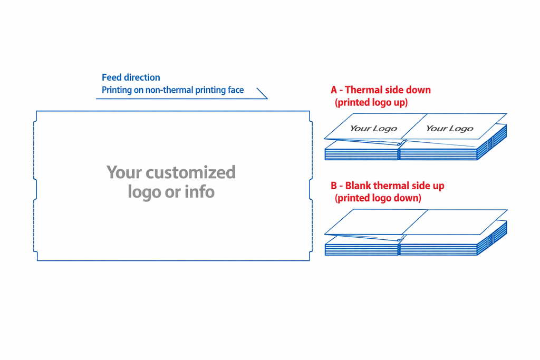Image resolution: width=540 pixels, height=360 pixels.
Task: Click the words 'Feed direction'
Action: point(131,77)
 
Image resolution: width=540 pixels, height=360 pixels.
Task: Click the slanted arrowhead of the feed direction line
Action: point(262,93)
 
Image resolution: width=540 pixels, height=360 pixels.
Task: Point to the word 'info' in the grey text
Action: point(200,191)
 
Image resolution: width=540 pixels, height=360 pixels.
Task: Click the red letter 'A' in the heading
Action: point(334,90)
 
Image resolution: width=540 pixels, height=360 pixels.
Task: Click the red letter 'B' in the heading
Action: point(334,186)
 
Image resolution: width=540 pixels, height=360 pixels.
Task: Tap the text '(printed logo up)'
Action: point(371,102)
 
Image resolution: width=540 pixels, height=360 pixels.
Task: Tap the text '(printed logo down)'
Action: point(378,198)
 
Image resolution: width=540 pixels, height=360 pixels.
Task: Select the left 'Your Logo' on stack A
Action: point(374,129)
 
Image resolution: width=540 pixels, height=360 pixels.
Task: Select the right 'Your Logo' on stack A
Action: point(450,129)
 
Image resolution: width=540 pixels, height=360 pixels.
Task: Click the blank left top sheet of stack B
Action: point(376,222)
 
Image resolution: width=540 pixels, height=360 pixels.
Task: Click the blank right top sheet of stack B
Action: point(455,222)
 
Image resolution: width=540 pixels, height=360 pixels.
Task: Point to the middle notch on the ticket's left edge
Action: point(35,189)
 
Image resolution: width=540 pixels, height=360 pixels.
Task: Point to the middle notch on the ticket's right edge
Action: point(311,189)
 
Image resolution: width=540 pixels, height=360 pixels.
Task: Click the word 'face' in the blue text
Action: point(236,90)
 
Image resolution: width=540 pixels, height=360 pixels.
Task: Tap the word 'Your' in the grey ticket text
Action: point(124,172)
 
